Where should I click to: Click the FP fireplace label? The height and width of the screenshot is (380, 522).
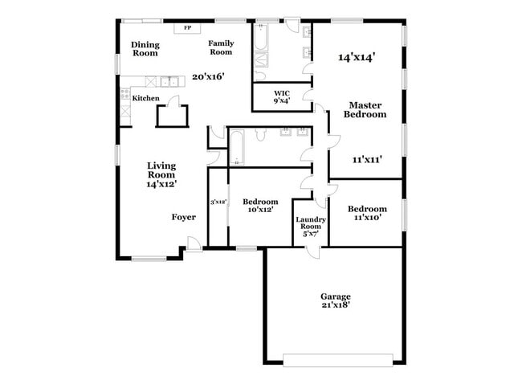(188, 28)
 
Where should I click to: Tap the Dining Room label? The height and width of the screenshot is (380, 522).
(145, 48)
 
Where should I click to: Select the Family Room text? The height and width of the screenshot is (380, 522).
(221, 47)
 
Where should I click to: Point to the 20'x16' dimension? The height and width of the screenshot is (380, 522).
(208, 77)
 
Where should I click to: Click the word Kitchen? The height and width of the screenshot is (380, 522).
(146, 98)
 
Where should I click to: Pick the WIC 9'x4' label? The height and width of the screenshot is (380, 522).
(282, 96)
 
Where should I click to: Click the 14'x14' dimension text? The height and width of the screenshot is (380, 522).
(357, 57)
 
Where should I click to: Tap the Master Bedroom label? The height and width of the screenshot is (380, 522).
(365, 110)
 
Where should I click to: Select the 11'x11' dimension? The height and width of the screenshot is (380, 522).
(366, 159)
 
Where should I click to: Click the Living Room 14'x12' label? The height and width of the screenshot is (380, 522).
(161, 174)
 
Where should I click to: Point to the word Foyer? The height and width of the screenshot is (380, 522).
(184, 217)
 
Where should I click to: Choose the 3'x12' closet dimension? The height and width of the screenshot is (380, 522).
(218, 202)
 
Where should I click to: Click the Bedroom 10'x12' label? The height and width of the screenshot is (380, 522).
(260, 206)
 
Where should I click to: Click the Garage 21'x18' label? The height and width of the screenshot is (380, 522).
(336, 300)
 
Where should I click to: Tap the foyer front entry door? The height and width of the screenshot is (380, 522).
(194, 243)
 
